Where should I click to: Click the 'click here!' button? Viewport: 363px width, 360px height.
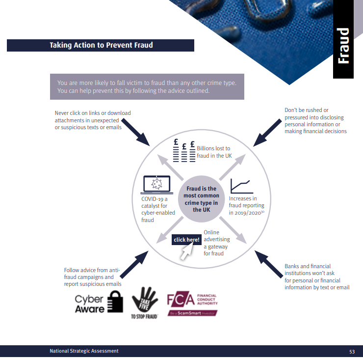[x=186, y=240]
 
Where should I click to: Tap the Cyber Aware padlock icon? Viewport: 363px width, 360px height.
[x=114, y=302]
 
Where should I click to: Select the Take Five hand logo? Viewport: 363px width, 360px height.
[x=144, y=301]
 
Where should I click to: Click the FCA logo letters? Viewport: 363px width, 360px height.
[x=180, y=300]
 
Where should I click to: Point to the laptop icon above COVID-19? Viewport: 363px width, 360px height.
[x=156, y=185]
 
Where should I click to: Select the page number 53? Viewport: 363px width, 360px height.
[x=352, y=352]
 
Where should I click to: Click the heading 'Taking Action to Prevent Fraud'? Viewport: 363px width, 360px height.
[x=101, y=45]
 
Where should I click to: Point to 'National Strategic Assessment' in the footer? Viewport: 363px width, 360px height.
[x=84, y=351]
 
